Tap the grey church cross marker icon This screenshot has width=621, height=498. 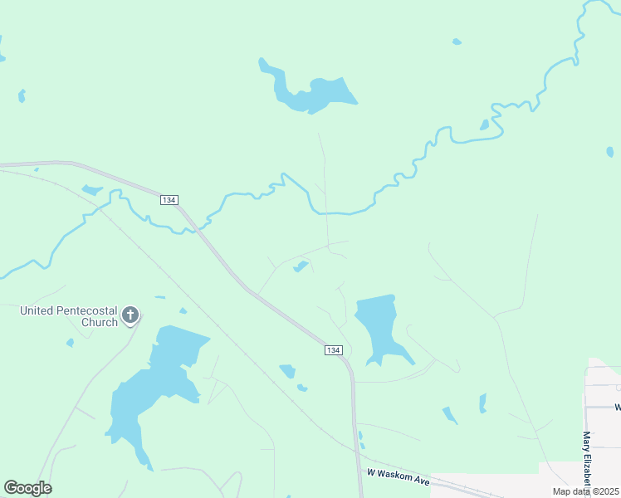(130, 315)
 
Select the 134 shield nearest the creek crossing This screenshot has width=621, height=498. (169, 200)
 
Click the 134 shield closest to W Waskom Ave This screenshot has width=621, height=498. (333, 351)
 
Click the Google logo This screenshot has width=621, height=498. (27, 488)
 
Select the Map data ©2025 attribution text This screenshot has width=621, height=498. (584, 491)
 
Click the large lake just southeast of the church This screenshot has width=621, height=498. (158, 390)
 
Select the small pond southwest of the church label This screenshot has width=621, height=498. (70, 343)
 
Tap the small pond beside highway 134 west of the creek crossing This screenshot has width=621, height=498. (91, 190)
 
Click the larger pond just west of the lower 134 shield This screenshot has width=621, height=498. (288, 370)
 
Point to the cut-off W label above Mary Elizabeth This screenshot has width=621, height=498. (617, 407)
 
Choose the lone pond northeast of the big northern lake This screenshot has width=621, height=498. (456, 41)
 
